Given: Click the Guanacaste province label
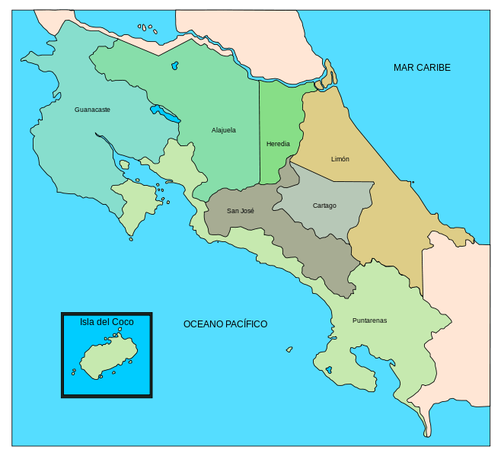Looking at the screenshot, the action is tap(92, 110).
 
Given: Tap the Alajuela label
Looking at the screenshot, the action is tap(223, 130).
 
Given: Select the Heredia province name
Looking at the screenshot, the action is tap(278, 144).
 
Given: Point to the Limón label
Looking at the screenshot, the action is tap(340, 159).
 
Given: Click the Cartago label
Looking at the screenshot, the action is tap(324, 206).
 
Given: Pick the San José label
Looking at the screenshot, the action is tap(241, 211).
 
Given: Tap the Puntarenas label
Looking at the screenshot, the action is tap(369, 320).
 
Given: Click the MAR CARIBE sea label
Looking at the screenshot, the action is tap(422, 68).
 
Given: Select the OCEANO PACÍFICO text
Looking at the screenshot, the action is tap(225, 324).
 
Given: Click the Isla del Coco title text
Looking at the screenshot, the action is tap(107, 322).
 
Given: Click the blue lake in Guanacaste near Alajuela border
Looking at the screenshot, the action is tap(165, 114).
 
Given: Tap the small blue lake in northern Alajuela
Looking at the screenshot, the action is tap(175, 66).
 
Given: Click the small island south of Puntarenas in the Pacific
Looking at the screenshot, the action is tap(289, 350).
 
